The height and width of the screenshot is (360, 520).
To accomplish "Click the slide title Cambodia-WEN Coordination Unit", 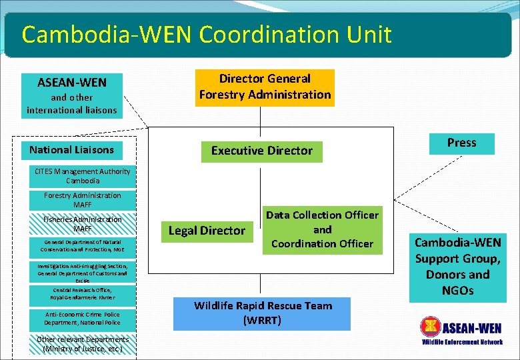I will pos(207,35).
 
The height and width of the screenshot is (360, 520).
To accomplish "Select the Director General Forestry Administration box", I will pos(265,87).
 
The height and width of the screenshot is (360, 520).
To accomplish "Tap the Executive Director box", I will pos(261,151).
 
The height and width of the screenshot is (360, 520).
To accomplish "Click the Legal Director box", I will pos(207,231).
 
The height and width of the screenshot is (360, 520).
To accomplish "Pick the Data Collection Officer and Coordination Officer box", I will pos(322,230).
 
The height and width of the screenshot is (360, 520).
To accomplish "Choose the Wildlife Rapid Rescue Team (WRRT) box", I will pos(261,313).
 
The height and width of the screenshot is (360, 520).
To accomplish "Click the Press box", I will pos(461,143).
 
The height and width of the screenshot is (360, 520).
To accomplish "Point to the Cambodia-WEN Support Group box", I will pos(457,266).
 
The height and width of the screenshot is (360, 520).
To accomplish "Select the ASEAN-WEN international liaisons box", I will pos(72,95).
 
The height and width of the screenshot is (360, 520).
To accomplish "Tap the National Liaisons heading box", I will pos(71,150).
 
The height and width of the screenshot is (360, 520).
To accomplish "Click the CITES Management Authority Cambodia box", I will pos(83,176).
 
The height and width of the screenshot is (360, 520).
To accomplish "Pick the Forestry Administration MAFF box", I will pos(83,200).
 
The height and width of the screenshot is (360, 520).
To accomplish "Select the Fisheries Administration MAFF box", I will pos(83,224).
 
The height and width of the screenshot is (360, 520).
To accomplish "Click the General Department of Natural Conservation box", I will pos(83,245).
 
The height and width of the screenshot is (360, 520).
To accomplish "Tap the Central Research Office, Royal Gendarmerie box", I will pos(83,294).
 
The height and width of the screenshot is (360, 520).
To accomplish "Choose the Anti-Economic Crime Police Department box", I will pos(83,318).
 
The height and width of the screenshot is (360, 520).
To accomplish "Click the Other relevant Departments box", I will pos(83,343).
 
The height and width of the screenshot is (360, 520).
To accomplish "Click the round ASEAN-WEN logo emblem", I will pos(431,327).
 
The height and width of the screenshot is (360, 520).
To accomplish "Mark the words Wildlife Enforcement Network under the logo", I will pos(462,342).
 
